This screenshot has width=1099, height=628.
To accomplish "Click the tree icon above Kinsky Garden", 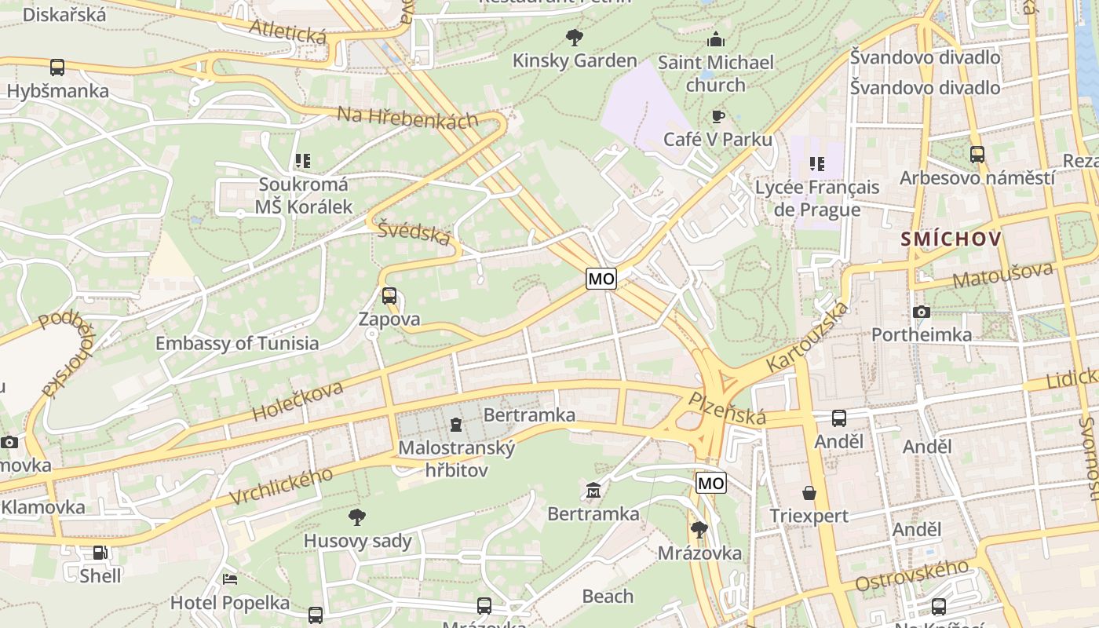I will [575, 37].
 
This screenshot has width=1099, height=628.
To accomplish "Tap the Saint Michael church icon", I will [716, 39].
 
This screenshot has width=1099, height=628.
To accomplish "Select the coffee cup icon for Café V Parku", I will [717, 117].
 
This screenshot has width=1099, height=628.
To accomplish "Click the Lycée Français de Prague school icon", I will [817, 164].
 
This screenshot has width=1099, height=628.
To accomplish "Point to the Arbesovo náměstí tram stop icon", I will [977, 155].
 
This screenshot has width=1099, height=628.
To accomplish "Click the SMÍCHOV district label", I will [951, 239].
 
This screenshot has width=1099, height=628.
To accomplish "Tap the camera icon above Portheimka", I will [922, 312].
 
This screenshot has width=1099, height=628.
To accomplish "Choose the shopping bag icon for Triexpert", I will [809, 493].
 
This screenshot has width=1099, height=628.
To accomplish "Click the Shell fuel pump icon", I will [100, 553].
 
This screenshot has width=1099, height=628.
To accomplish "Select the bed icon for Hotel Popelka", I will [230, 579].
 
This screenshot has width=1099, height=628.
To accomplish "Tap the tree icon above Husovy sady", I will [357, 517].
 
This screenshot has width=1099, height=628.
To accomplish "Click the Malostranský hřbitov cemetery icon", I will [456, 425].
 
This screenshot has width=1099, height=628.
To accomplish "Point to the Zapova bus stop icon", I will [389, 296].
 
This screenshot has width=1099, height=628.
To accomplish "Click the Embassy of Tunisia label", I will [237, 343].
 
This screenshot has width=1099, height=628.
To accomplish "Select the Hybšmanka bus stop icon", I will [57, 68].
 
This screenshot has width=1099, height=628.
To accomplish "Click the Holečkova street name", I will [298, 402].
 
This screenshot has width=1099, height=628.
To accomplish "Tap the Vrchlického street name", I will [281, 486].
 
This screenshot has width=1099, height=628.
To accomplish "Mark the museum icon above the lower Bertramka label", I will [593, 491].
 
